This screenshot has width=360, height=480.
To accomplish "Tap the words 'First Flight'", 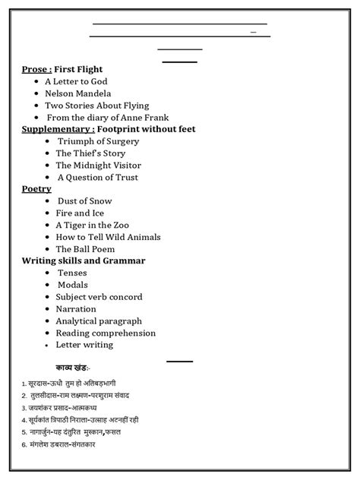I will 78,69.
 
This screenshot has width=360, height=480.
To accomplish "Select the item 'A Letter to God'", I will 76,81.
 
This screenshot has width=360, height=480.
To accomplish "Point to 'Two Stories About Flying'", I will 96,106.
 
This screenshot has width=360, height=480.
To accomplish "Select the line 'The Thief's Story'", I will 90,153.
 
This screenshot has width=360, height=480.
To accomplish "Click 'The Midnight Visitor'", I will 98,165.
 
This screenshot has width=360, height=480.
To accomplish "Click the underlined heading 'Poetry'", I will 36,188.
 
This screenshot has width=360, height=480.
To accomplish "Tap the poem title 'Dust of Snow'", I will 84,201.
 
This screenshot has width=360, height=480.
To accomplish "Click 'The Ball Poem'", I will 86,248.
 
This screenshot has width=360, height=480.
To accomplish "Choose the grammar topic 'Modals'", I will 73,285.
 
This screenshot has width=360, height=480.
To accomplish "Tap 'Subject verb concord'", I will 99,297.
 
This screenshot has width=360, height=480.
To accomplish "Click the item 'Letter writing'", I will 84,344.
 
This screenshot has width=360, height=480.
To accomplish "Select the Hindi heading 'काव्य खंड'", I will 93,368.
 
